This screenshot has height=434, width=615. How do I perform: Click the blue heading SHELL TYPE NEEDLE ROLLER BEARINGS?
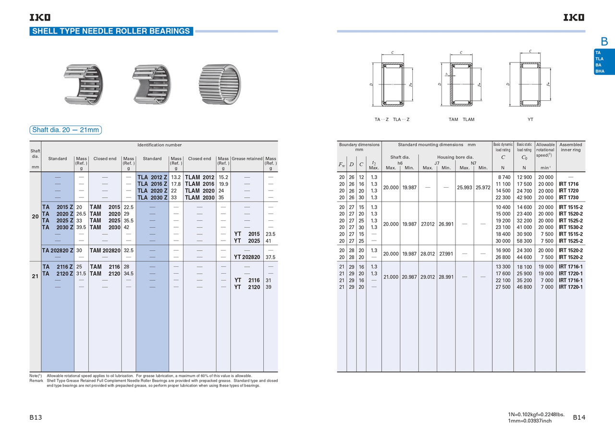111,31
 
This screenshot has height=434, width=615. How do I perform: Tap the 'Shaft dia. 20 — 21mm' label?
66,130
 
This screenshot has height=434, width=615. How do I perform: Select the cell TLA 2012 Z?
152,177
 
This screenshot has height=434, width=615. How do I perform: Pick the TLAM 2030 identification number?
199,197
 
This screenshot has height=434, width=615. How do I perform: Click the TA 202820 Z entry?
58,251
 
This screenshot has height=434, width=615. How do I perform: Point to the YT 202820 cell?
247,257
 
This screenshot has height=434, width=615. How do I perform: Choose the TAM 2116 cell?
105,266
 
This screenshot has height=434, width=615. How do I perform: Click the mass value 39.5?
81,228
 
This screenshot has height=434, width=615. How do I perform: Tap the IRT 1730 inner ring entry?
568,197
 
